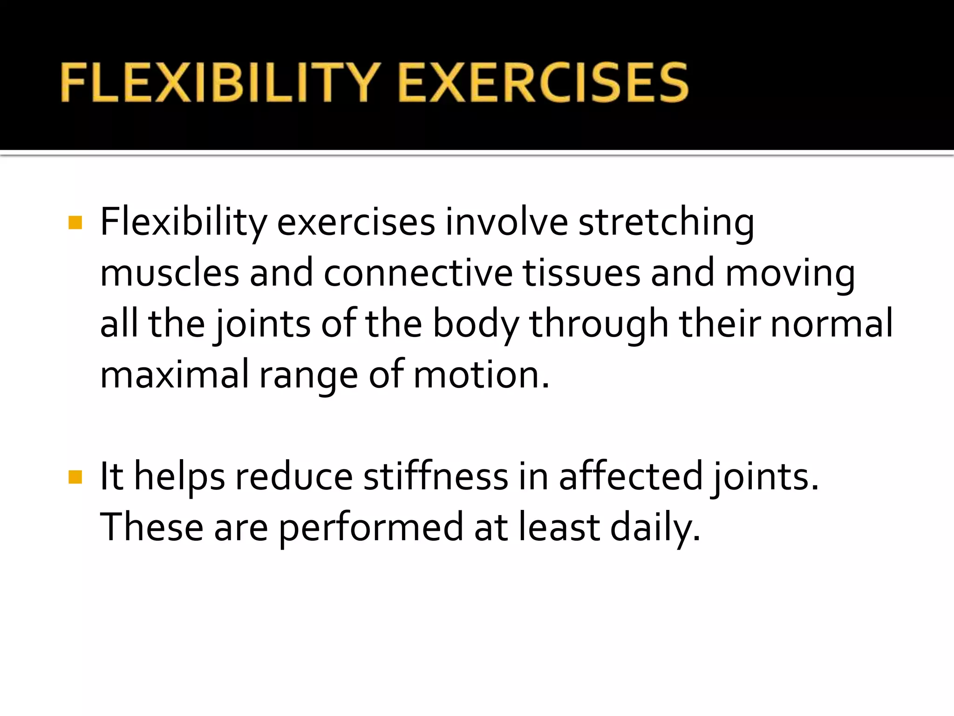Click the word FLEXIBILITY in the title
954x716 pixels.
[218, 83]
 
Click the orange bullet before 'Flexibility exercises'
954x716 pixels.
[75, 222]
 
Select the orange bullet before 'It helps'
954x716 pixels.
[75, 477]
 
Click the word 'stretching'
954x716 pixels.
[666, 222]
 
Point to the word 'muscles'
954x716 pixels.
[170, 273]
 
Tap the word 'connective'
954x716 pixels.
[418, 273]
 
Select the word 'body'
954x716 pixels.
[476, 324]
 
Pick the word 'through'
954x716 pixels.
[599, 324]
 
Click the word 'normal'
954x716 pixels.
[831, 324]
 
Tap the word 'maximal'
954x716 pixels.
[175, 375]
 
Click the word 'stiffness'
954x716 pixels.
[436, 477]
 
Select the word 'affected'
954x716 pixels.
[630, 477]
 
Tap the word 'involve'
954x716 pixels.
[506, 222]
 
